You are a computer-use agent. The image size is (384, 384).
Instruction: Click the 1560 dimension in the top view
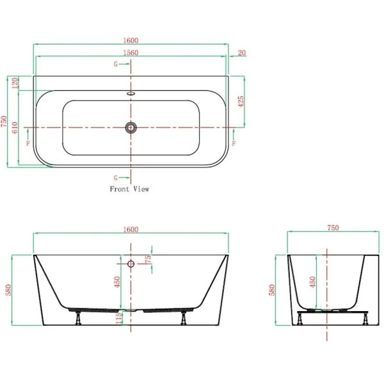131,52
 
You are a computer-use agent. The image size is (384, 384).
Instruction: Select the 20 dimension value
242,52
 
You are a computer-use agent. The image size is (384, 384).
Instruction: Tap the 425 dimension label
241,101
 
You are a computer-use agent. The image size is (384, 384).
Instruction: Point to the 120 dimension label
15,83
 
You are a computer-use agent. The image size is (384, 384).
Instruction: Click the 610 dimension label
15,127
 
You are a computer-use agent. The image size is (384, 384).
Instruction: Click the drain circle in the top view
131,127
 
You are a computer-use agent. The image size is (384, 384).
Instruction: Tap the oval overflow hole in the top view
131,93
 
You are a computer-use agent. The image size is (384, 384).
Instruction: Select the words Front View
129,189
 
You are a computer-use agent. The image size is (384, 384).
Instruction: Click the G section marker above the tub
116,64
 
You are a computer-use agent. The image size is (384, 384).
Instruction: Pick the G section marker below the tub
116,178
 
